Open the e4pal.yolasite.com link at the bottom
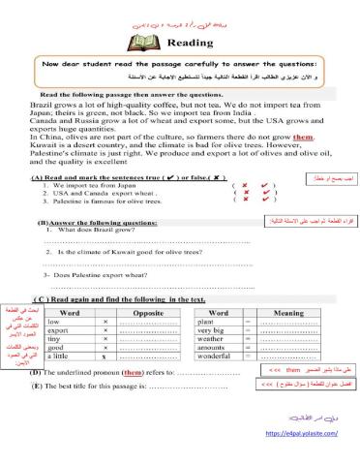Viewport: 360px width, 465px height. click(x=302, y=436)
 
